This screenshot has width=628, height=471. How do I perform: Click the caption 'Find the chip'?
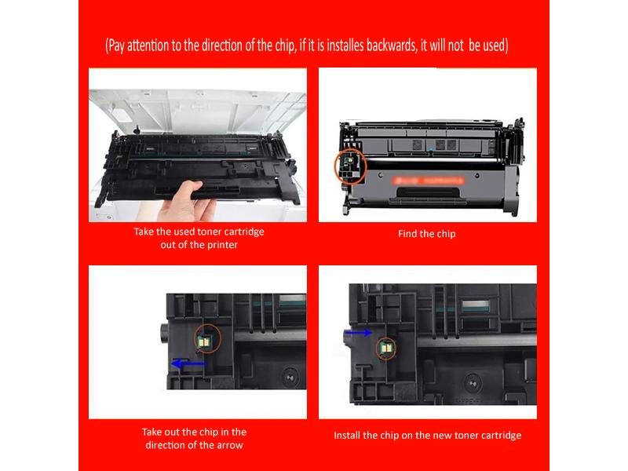pos(427,234)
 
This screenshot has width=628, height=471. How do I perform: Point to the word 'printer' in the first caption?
pos(220,244)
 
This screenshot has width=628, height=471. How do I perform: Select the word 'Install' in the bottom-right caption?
pos(349,435)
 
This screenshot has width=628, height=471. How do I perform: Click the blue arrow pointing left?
pos(188,363)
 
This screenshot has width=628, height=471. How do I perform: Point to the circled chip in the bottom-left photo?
pos(207,340)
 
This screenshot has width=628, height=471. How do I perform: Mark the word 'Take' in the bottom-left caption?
pos(153,432)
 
